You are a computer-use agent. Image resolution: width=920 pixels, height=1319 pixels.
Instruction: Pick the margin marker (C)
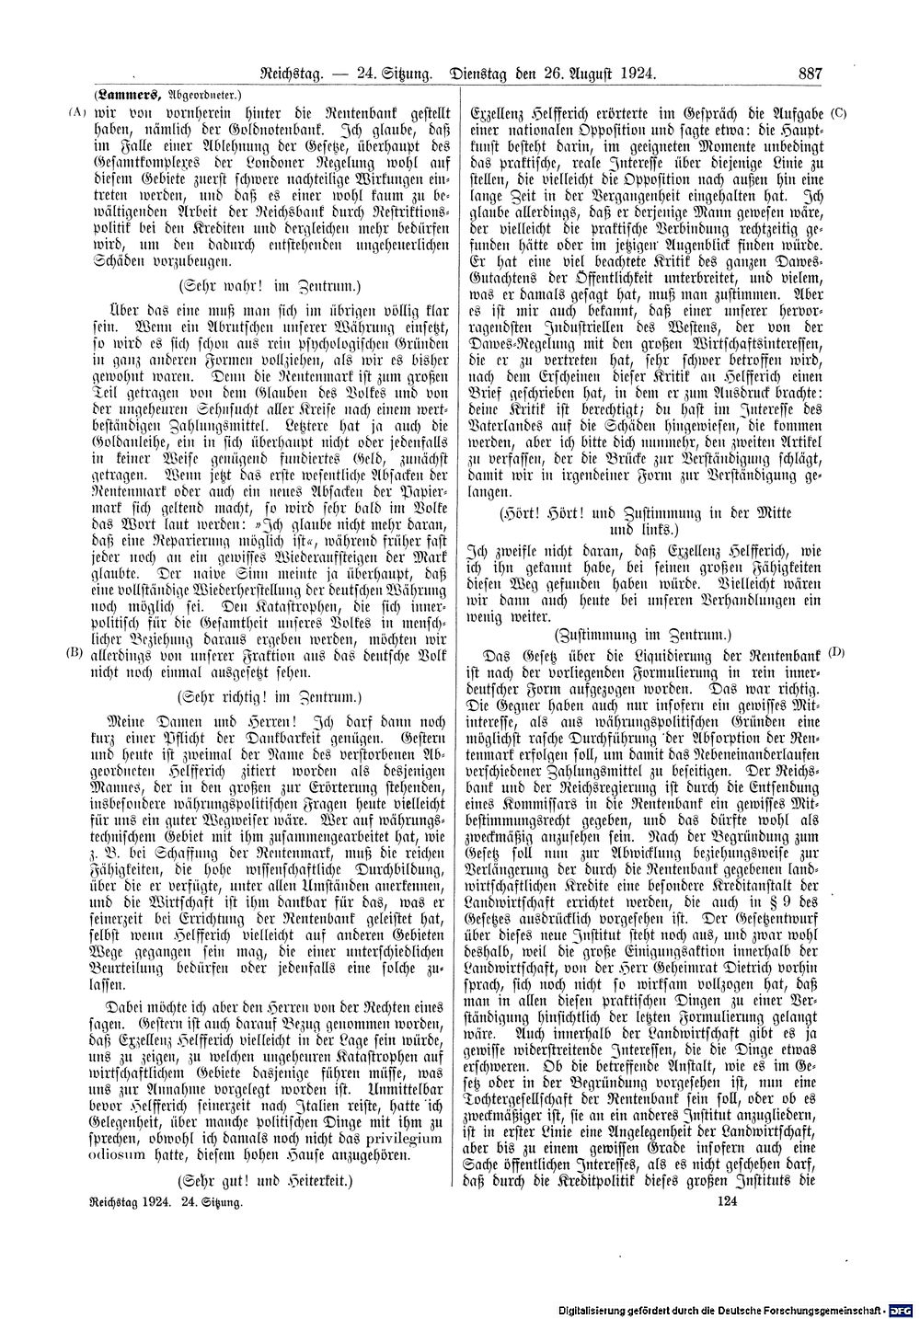click(837, 113)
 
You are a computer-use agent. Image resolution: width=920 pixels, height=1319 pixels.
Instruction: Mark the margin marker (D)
click(836, 652)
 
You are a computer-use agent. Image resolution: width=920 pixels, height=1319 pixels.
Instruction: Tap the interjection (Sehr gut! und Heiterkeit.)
click(267, 1179)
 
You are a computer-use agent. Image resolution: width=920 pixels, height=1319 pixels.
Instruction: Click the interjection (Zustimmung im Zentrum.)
click(642, 634)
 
